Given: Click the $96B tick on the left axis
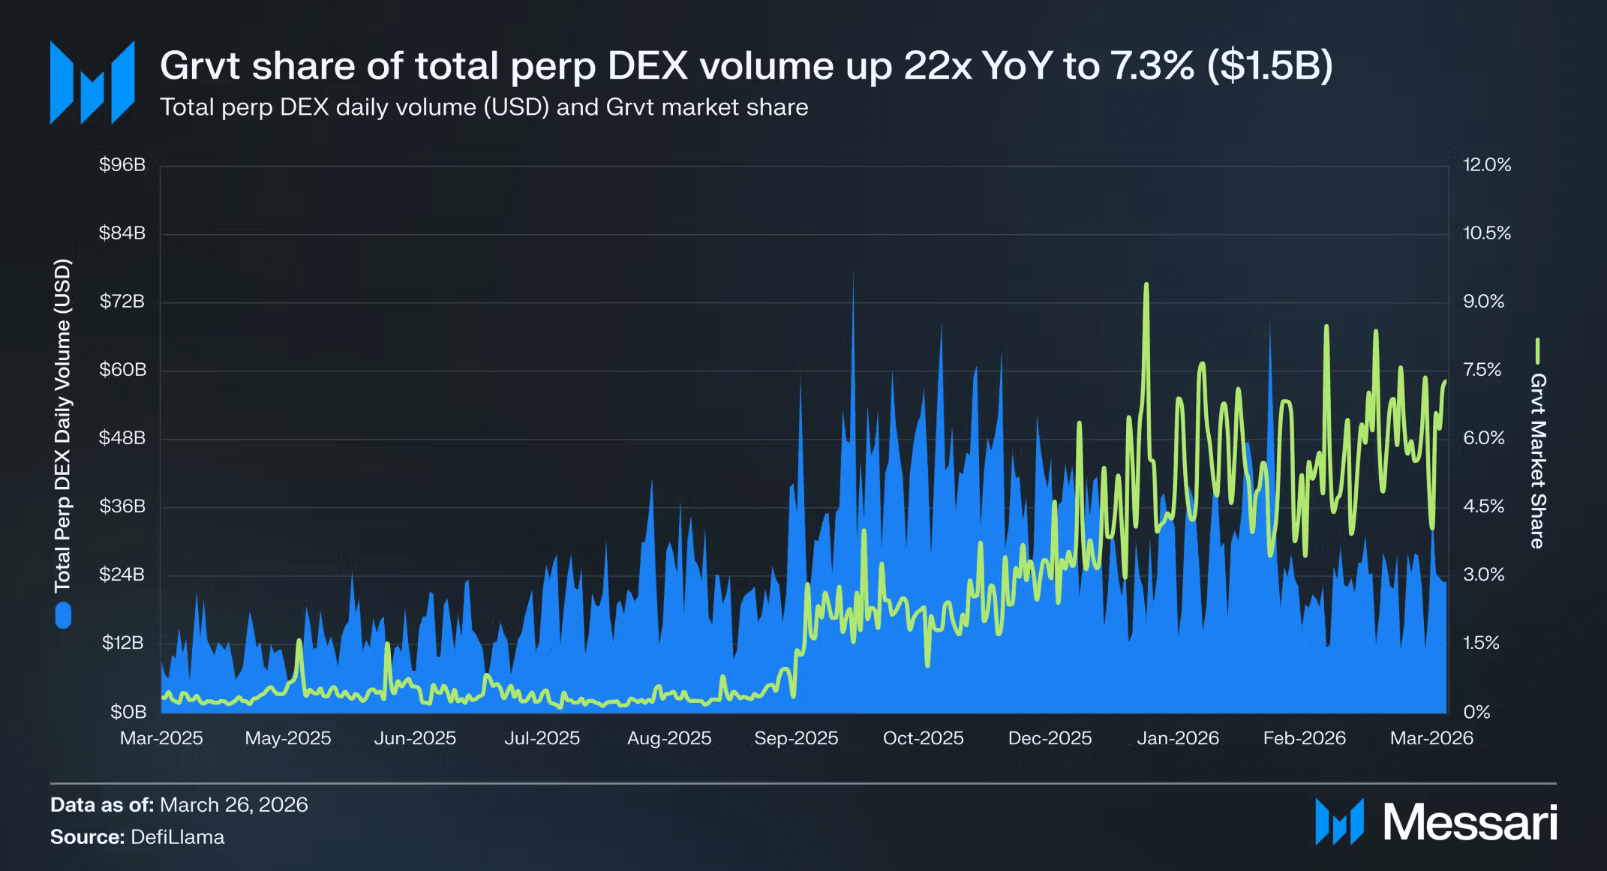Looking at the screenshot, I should pos(122,165).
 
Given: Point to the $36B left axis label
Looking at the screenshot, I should pos(122,506).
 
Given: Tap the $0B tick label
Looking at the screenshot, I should pos(128,711).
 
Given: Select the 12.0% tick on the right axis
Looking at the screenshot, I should pos(1487,165).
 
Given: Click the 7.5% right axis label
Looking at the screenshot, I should pos(1482,370).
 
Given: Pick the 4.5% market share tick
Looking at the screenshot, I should pos(1483,506).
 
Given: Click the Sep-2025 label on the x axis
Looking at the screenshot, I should pos(796,738).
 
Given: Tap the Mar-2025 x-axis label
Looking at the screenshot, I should pos(161,738).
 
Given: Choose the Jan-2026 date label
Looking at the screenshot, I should pos(1178,738).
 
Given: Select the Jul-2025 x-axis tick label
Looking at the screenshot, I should pos(542,738).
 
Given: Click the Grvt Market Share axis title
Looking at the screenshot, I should pos(1537,461).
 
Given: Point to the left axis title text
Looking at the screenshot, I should pos(62,425).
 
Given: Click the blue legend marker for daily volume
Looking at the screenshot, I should pos(63,616).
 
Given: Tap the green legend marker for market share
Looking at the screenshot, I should pos(1537,350).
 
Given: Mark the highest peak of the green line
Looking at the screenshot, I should pos(1146,285).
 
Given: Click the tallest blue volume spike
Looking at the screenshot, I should pos(853,272).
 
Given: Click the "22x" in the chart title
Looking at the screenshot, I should pos(937,66).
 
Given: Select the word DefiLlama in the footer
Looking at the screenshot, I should pos(177,837).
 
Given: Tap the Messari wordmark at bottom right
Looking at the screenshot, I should pos(1470,823).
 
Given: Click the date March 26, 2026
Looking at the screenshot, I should pos(233,805).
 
